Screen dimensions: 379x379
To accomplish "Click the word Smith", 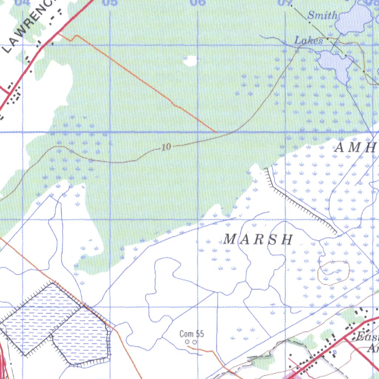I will tap(322, 15).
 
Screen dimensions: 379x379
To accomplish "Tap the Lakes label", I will tap(309, 40).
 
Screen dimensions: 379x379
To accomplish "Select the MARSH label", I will tap(258, 239).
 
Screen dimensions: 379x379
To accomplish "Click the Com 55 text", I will tap(191, 334).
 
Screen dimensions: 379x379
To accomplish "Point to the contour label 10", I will tap(167, 147).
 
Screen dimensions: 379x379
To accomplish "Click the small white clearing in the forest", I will tap(191, 60).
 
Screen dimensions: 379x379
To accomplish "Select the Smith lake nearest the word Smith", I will tap(353, 19).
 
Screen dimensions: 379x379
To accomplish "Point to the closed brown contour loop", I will tap(333, 273).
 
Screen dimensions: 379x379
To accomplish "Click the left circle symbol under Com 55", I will tap(187, 342).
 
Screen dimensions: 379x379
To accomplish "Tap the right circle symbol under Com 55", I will tap(195, 342).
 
